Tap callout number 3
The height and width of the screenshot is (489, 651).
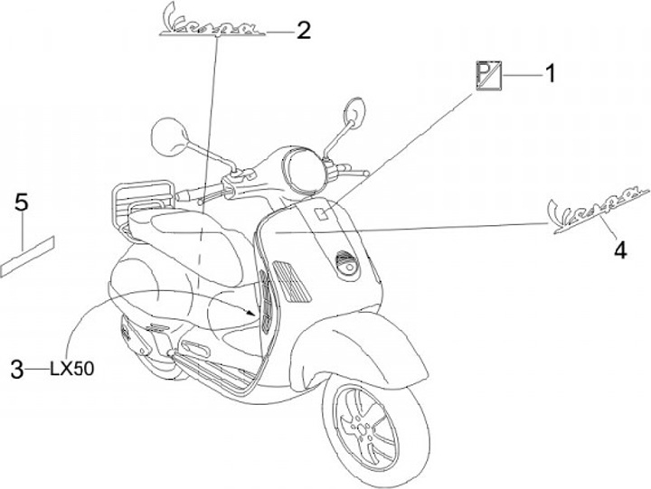click(16, 368)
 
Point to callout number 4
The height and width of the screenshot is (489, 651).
click(619, 249)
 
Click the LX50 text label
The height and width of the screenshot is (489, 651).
click(72, 368)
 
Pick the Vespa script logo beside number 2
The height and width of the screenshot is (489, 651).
click(211, 23)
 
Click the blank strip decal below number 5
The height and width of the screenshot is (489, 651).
click(28, 253)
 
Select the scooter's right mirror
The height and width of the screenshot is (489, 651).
click(354, 113)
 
